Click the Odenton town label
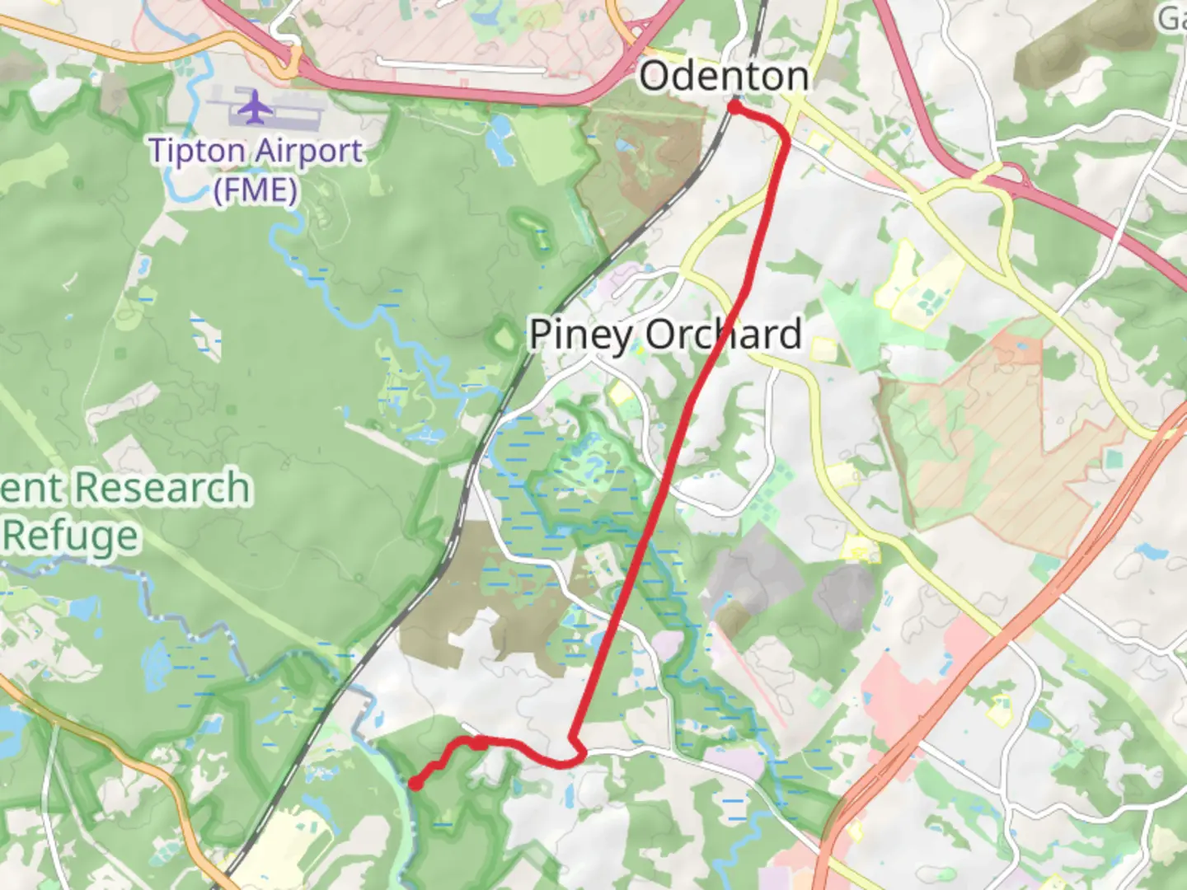pyautogui.click(x=724, y=76)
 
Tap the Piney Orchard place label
pyautogui.click(x=664, y=335)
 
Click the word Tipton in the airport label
pyautogui.click(x=196, y=151)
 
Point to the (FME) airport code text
pyautogui.click(x=256, y=190)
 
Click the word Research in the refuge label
pyautogui.click(x=162, y=487)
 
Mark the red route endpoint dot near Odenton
pyautogui.click(x=733, y=107)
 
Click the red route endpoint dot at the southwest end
pyautogui.click(x=415, y=784)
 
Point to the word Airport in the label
pyautogui.click(x=308, y=151)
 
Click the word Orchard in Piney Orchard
pyautogui.click(x=723, y=335)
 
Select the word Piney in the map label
pyautogui.click(x=581, y=335)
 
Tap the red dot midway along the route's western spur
pyautogui.click(x=480, y=743)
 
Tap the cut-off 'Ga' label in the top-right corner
pyautogui.click(x=1172, y=18)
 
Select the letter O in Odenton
pyautogui.click(x=654, y=76)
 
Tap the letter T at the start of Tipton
pyautogui.click(x=159, y=151)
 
